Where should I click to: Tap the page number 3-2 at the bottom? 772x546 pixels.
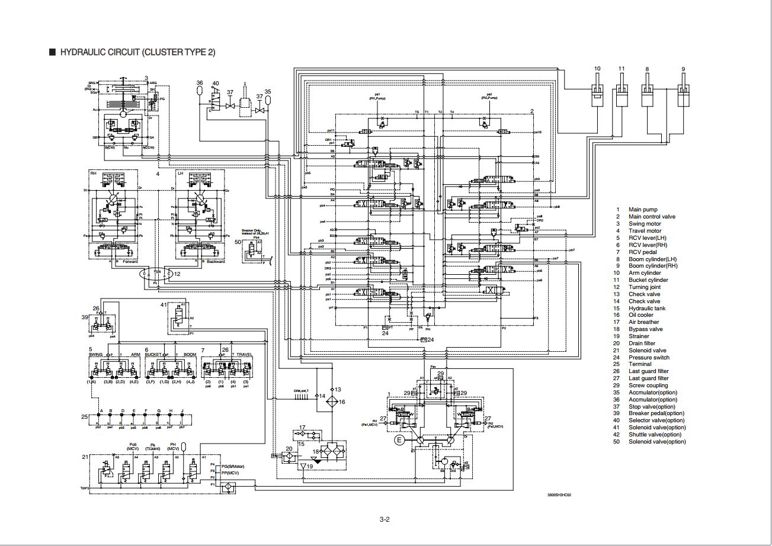[x=385, y=520]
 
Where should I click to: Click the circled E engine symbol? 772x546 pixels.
[x=399, y=439]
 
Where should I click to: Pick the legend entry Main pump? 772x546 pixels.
[x=643, y=210]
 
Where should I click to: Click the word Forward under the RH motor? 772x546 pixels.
[x=130, y=262]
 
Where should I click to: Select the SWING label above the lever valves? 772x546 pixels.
[x=95, y=355]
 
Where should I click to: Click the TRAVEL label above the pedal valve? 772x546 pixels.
[x=244, y=355]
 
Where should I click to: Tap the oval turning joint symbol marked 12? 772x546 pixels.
[x=156, y=274]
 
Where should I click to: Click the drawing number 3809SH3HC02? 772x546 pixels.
[x=559, y=495]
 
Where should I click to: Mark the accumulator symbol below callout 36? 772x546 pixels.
[x=200, y=93]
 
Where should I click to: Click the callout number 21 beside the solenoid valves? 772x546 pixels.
[x=85, y=457]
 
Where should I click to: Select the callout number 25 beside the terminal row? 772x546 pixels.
[x=85, y=417]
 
